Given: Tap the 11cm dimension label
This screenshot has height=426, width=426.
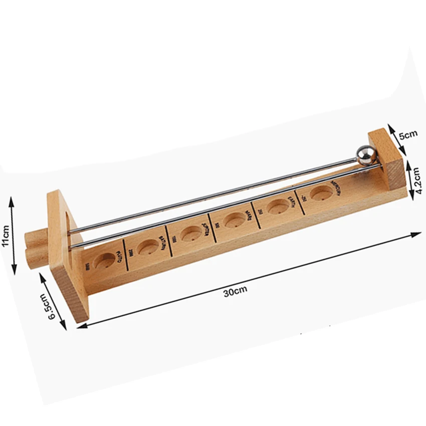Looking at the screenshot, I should coord(6,236).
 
